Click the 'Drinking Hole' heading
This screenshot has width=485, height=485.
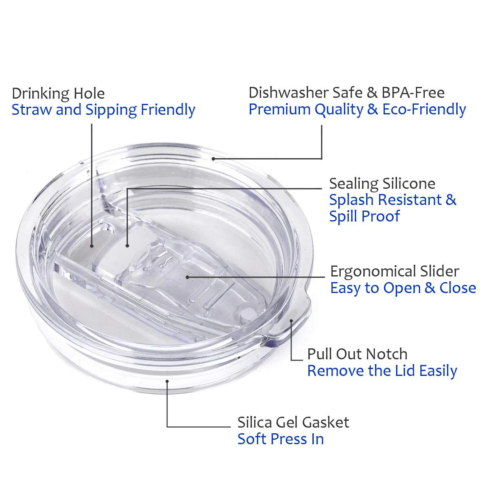click(58, 94)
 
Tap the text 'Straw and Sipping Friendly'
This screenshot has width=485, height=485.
click(103, 110)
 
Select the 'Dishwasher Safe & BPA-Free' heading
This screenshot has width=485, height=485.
click(346, 93)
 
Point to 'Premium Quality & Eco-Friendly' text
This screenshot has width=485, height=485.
click(357, 110)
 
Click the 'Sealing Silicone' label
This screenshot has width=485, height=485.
click(382, 183)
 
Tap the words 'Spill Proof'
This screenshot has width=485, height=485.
click(365, 216)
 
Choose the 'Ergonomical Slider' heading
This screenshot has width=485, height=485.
click(394, 272)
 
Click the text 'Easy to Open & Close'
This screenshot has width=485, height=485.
click(403, 288)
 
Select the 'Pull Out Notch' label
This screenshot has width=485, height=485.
click(357, 354)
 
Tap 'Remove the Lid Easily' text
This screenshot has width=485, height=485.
click(382, 371)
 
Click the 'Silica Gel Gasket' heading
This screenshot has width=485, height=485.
click(293, 422)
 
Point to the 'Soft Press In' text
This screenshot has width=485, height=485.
click(280, 439)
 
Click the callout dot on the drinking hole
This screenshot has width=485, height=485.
click(92, 246)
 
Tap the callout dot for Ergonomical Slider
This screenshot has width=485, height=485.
click(187, 277)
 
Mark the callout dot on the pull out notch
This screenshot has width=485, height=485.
click(291, 321)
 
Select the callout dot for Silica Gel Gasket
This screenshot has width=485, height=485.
click(167, 381)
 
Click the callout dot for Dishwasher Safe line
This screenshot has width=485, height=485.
click(213, 159)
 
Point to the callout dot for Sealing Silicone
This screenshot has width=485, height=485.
click(127, 246)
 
